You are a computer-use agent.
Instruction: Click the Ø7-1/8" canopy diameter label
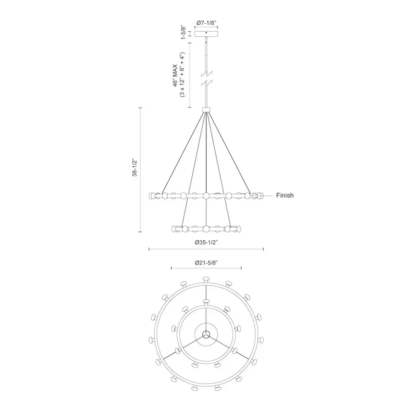pyautogui.click(x=206, y=22)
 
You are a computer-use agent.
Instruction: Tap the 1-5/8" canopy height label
pyautogui.click(x=183, y=34)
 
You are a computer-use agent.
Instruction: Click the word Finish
pyautogui.click(x=285, y=195)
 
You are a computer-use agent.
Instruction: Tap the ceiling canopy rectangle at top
pyautogui.click(x=206, y=34)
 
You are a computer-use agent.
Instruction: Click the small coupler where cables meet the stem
pyautogui.click(x=206, y=109)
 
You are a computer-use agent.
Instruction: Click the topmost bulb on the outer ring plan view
pyautogui.click(x=206, y=278)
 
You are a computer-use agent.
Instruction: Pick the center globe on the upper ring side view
pyautogui.click(x=206, y=195)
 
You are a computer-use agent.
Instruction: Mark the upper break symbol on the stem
pyautogui.click(x=206, y=73)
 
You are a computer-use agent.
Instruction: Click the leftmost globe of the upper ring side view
pyautogui.click(x=152, y=195)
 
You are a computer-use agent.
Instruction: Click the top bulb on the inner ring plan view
pyautogui.click(x=206, y=302)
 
